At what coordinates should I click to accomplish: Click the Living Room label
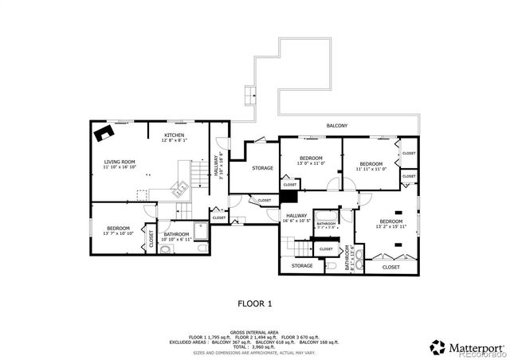point(120,162)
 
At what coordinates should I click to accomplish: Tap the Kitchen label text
point(175,135)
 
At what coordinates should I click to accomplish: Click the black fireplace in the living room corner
point(102,132)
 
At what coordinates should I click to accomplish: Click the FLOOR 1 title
point(255,303)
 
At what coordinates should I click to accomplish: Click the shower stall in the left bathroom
point(201,231)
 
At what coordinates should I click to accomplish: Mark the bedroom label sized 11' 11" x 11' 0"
point(371,166)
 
